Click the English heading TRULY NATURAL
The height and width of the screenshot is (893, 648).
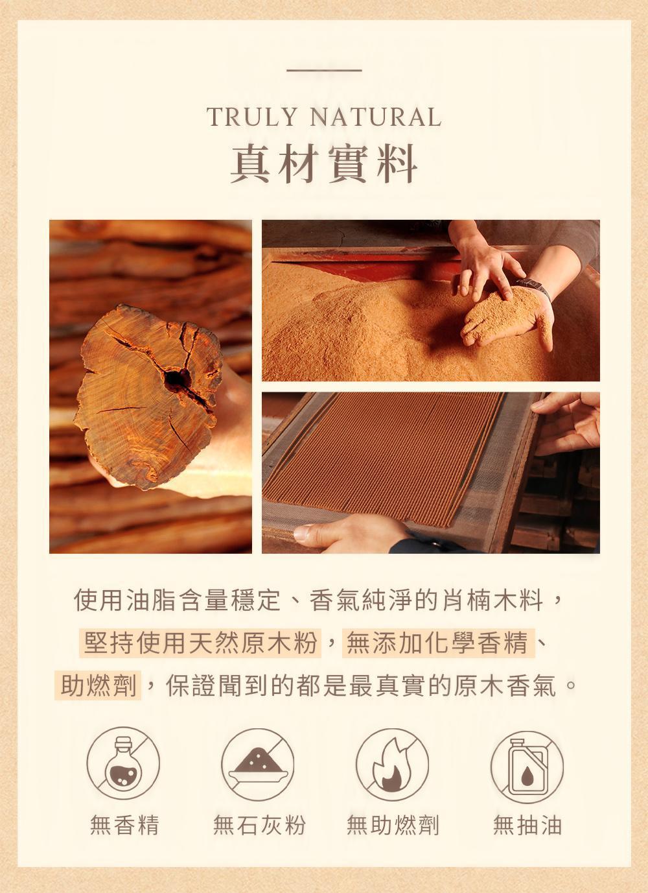tap(324, 117)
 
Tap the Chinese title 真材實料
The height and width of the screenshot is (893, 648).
tap(324, 164)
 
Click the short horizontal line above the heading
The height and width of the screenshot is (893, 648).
tap(324, 71)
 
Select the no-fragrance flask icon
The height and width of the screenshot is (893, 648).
tap(123, 763)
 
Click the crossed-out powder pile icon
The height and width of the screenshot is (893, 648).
tap(258, 763)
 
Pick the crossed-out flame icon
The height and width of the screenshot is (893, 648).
tap(392, 763)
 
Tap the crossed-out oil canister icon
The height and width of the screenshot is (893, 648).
tap(527, 763)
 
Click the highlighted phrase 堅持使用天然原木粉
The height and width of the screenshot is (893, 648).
tap(200, 642)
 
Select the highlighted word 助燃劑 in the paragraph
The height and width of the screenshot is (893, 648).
tap(98, 685)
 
